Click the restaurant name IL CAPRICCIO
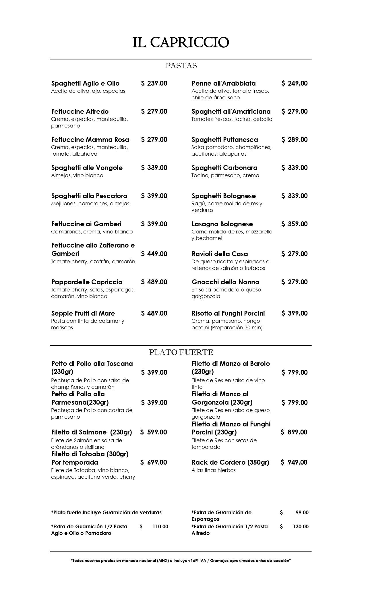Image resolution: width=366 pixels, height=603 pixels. (x=181, y=43)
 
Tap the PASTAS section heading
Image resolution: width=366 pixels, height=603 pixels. (x=181, y=66)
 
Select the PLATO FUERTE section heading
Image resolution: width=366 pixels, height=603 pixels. (x=181, y=352)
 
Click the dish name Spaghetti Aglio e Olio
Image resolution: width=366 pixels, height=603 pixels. (x=85, y=83)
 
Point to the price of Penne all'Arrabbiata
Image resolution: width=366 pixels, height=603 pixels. (x=294, y=83)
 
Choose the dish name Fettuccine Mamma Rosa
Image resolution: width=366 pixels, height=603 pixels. (x=90, y=140)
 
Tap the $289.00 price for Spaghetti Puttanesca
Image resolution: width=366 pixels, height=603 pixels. (x=294, y=140)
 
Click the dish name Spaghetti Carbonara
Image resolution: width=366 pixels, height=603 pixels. (x=224, y=168)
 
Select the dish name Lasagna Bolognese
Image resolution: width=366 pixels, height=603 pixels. (x=222, y=224)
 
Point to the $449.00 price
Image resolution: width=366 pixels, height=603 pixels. (x=154, y=254)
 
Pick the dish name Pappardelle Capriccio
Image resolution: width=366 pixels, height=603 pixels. (x=87, y=282)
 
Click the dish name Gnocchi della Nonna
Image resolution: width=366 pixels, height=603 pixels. (x=225, y=282)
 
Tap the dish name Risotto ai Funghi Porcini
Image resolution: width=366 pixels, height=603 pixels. (x=228, y=313)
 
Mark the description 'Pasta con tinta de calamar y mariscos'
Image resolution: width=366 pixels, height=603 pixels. (x=88, y=324)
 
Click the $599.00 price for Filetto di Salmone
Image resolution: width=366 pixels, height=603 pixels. (x=154, y=432)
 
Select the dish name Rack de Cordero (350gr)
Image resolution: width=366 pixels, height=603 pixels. (x=230, y=462)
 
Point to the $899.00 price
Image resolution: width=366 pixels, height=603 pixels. (x=294, y=432)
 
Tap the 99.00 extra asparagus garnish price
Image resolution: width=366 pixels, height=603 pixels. (x=302, y=513)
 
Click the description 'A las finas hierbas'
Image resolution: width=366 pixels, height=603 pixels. (x=214, y=470)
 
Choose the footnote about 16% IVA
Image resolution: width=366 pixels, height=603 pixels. (x=181, y=561)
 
